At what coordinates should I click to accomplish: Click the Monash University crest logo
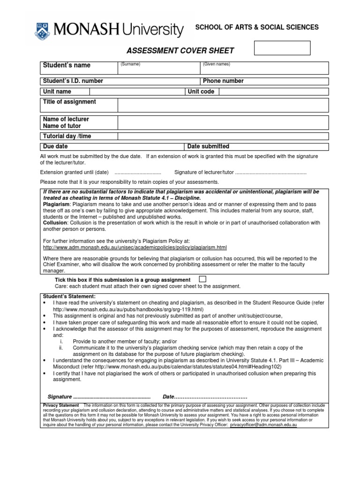click(43, 30)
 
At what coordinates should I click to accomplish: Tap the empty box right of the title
click(282, 48)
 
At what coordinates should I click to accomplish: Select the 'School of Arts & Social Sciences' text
click(257, 28)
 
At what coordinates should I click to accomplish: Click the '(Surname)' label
click(130, 64)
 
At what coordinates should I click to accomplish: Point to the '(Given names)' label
click(216, 64)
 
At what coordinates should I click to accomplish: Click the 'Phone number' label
click(223, 81)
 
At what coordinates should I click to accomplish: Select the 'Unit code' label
click(201, 91)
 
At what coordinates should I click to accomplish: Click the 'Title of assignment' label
click(69, 102)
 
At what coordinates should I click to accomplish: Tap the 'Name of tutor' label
click(62, 126)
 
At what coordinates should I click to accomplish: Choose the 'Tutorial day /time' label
click(67, 136)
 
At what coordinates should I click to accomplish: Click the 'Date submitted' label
click(208, 147)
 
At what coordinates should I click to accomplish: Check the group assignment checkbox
click(202, 279)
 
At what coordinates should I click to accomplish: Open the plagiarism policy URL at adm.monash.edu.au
click(135, 247)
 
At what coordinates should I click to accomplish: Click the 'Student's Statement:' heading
click(69, 296)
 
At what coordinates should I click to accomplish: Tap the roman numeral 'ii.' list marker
click(61, 348)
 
